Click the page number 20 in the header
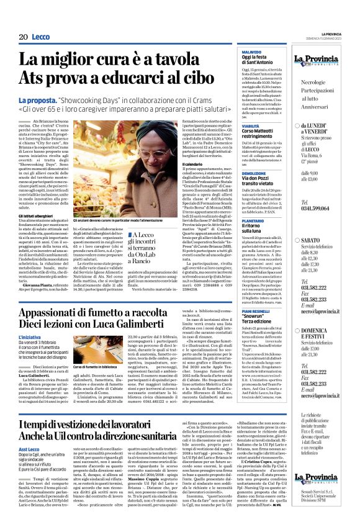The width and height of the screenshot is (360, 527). coord(23,37)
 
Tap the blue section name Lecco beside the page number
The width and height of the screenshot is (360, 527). coord(40,37)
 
